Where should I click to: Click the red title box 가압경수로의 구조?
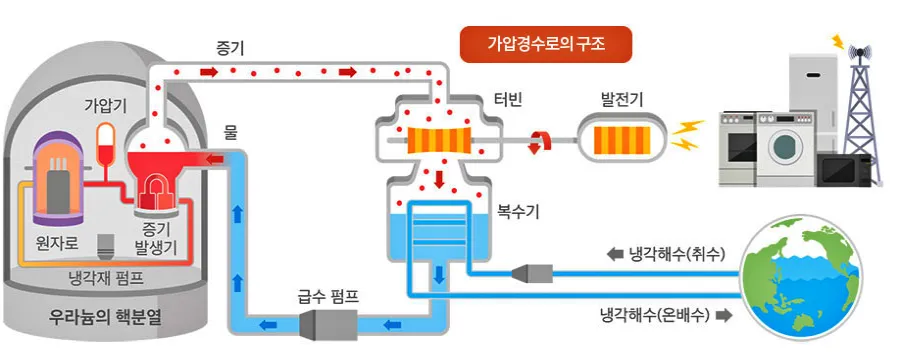[545, 45]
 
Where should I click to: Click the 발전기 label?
[621, 99]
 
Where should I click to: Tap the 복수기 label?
[517, 212]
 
